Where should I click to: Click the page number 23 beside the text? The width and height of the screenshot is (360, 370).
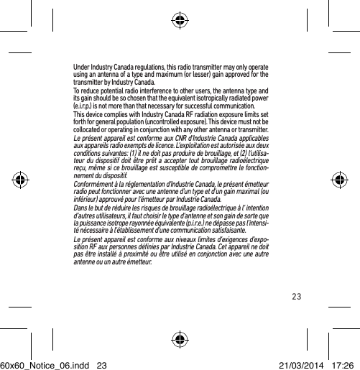(x=297, y=294)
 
